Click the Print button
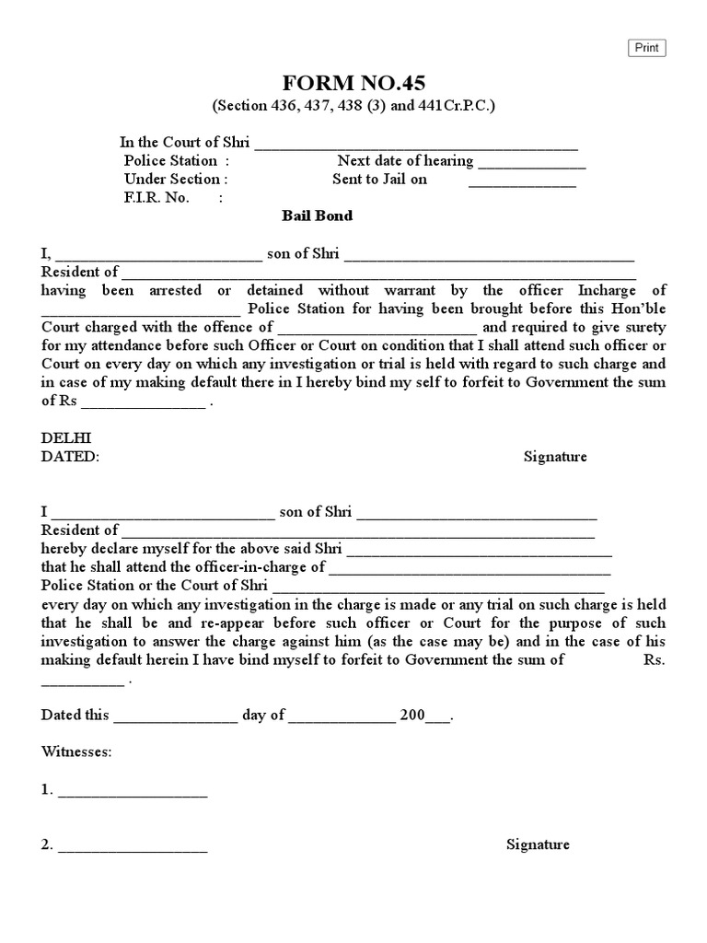pos(646,48)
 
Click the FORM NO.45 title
pos(354,83)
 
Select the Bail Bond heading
pos(317,216)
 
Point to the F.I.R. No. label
pos(156,198)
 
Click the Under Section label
pos(175,180)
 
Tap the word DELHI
pos(66,438)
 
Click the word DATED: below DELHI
pos(70,457)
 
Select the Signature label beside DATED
pos(555,457)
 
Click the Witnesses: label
pos(76,752)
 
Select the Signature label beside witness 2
pos(538,844)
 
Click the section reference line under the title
pos(354,106)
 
